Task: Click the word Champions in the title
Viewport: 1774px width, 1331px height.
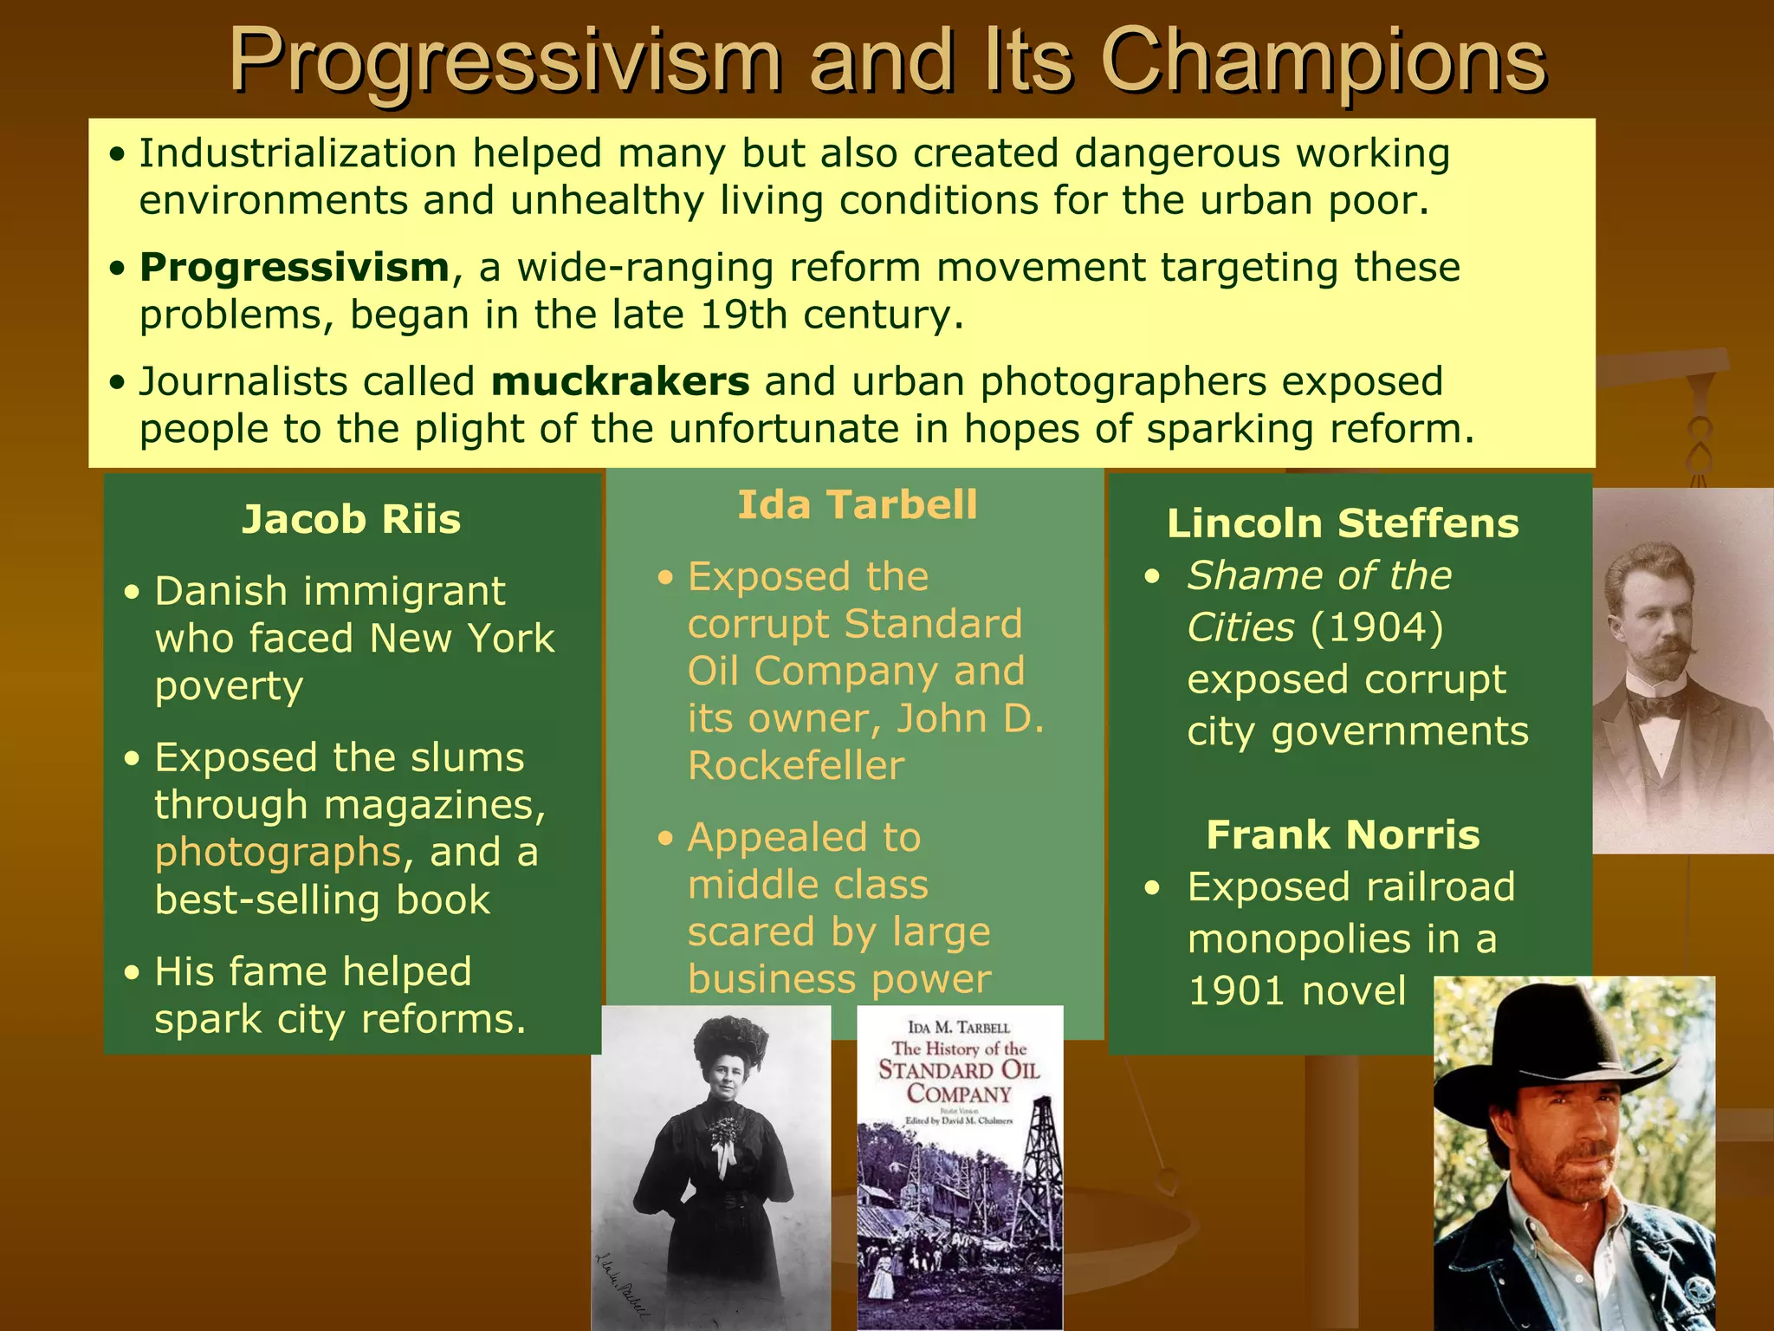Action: (1323, 61)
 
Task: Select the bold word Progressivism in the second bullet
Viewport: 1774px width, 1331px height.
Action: (295, 268)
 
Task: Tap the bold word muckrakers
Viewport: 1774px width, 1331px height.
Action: (619, 382)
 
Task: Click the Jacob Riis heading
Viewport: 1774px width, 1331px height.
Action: (351, 520)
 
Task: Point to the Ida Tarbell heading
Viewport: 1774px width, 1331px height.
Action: (857, 505)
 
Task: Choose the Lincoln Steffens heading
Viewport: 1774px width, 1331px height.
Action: (1343, 523)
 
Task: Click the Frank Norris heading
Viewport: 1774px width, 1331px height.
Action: (1343, 835)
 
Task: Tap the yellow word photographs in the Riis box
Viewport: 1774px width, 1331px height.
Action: (278, 853)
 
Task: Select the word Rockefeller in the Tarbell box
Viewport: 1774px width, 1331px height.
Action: (796, 766)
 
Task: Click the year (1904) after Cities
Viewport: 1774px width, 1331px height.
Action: (1377, 627)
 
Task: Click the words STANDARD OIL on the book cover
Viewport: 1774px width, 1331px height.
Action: (959, 1069)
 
